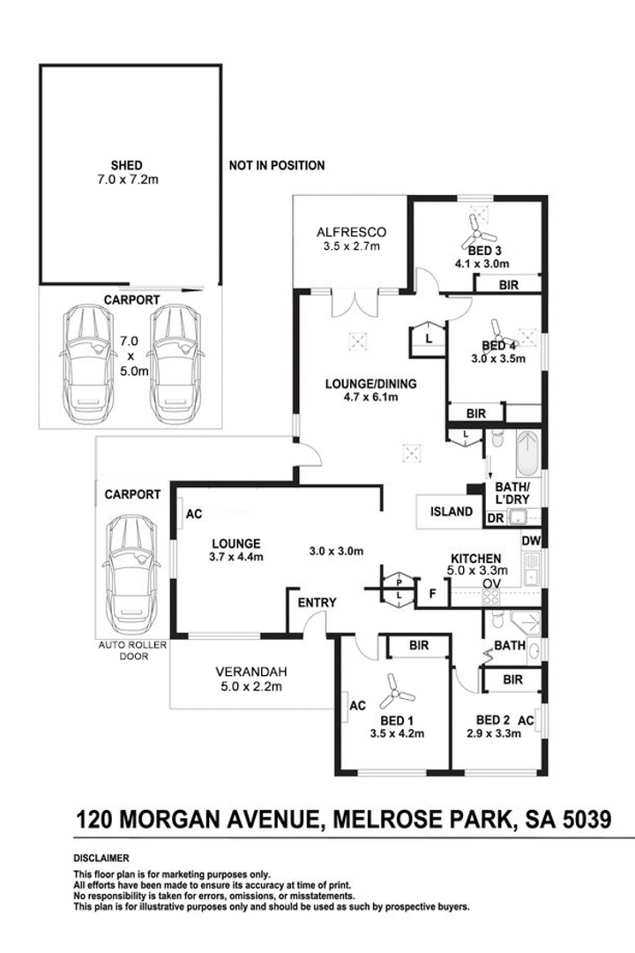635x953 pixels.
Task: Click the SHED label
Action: point(127,165)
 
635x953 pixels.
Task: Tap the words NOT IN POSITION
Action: point(276,165)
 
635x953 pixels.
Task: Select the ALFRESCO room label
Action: point(352,233)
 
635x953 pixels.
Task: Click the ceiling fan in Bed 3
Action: point(479,233)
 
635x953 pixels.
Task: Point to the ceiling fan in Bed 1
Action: point(390,694)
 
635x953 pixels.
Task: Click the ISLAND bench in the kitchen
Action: point(450,512)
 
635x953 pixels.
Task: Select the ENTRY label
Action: point(317,603)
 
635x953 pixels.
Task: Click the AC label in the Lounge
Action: point(194,514)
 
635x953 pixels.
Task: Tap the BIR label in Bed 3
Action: point(508,284)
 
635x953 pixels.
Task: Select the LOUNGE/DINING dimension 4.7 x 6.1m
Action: point(370,397)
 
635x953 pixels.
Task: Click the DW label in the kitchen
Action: point(530,540)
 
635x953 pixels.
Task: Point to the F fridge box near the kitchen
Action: point(433,593)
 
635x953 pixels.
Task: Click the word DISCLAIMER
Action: point(101,858)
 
